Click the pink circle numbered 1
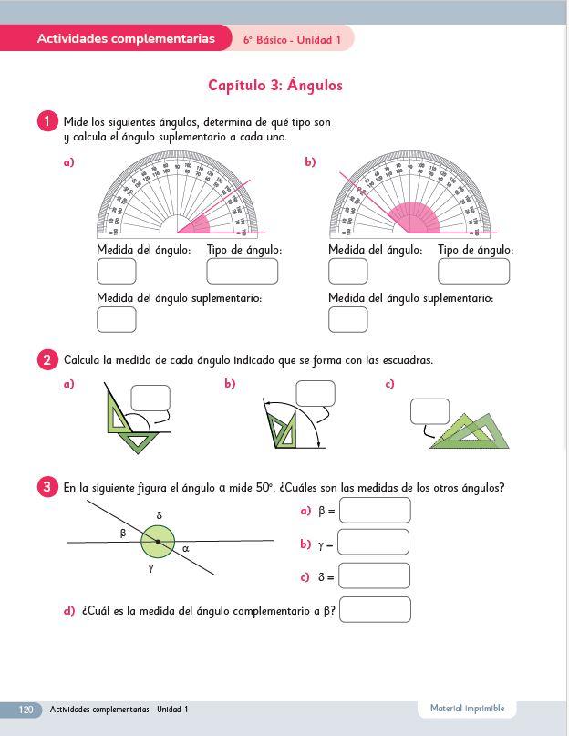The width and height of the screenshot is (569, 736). click(47, 121)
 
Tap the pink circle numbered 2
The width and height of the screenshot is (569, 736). click(47, 360)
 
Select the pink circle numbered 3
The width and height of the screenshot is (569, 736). click(47, 487)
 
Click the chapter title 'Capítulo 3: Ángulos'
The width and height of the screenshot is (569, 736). click(275, 86)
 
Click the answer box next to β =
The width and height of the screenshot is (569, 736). click(375, 511)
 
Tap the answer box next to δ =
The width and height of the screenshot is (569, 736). click(374, 576)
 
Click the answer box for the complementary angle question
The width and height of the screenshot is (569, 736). click(375, 609)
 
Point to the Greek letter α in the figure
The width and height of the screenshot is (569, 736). click(186, 548)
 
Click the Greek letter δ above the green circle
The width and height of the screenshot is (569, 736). click(159, 516)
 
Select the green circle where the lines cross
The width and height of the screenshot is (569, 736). click(158, 543)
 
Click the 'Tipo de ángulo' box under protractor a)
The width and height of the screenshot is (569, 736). click(242, 272)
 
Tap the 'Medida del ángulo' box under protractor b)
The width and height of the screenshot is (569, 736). click(347, 272)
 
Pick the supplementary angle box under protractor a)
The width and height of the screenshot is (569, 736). click(116, 320)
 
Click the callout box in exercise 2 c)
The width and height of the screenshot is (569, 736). click(429, 412)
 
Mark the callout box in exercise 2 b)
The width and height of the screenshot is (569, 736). click(316, 393)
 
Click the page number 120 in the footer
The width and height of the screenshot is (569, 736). click(26, 710)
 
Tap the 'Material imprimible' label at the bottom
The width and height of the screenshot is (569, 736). click(467, 709)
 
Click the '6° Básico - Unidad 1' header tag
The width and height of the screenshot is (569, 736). click(292, 40)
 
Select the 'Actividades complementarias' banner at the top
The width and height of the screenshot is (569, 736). click(126, 38)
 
